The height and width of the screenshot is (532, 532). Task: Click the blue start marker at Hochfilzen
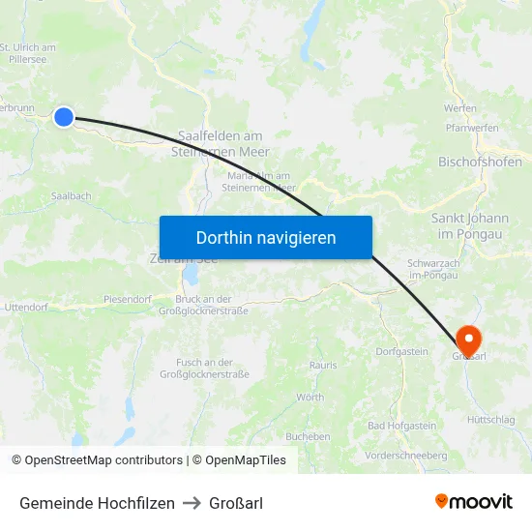(64, 117)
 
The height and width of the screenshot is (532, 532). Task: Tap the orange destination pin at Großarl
(468, 340)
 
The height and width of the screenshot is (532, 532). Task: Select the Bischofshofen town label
(481, 162)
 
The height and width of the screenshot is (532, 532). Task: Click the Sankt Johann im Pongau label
(469, 226)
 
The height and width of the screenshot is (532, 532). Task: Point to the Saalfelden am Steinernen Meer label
(221, 144)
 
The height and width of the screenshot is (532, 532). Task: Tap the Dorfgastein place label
(401, 351)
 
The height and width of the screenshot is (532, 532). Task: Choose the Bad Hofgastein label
(401, 426)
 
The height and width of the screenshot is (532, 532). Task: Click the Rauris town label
(323, 365)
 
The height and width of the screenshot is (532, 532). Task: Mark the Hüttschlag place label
(491, 420)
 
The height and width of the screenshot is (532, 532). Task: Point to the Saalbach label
(72, 195)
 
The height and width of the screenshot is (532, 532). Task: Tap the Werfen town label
(460, 108)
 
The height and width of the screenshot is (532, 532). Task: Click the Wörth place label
(310, 398)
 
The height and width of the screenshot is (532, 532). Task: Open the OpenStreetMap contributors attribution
(97, 460)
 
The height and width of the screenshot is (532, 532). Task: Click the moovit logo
(474, 502)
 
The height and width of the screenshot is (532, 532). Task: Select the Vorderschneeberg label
(406, 455)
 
